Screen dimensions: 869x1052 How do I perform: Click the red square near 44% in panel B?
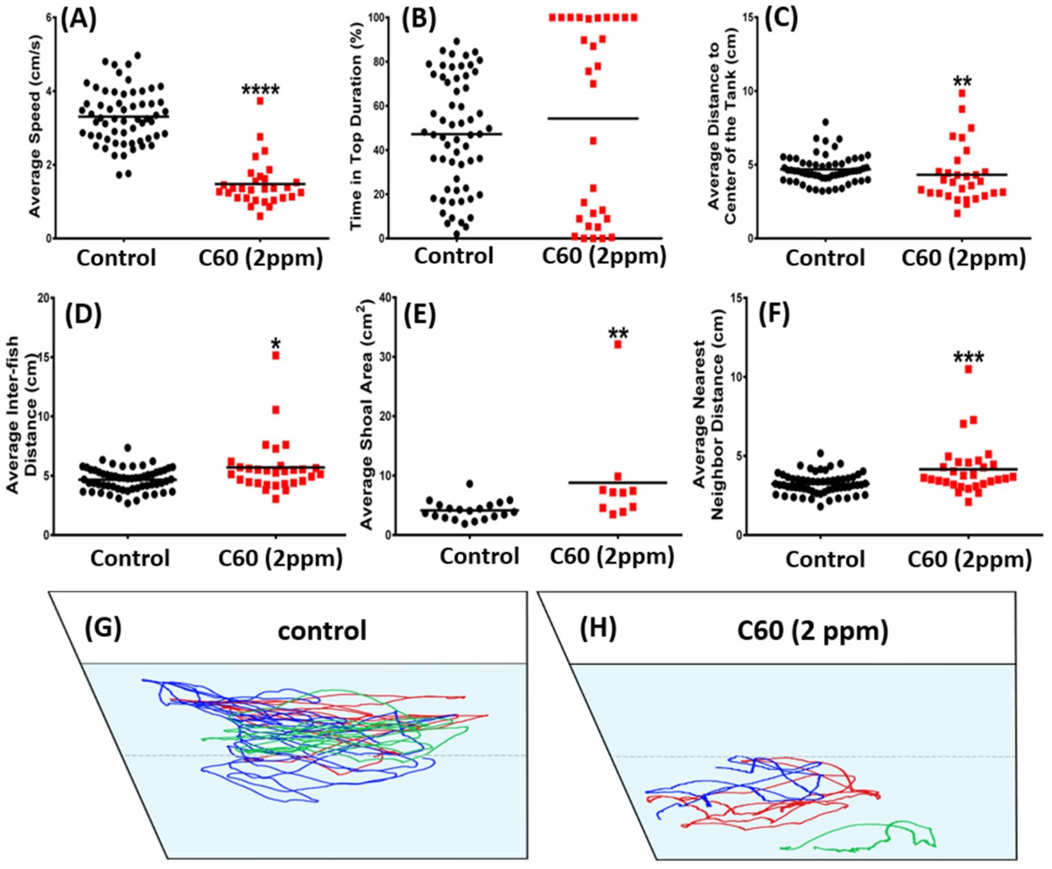point(593,141)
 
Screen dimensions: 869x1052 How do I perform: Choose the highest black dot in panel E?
point(469,483)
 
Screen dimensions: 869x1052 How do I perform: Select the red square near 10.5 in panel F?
point(969,370)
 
